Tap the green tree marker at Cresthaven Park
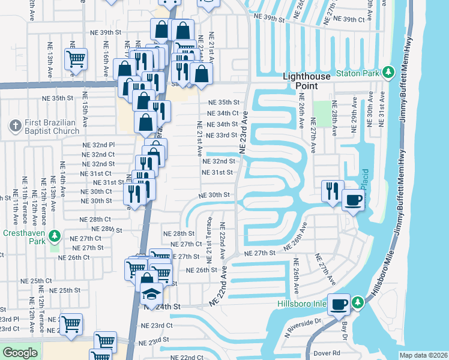click(x=55, y=235)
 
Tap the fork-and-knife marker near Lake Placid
click(x=332, y=190)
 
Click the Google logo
click(x=20, y=353)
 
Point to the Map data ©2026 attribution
click(x=424, y=355)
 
